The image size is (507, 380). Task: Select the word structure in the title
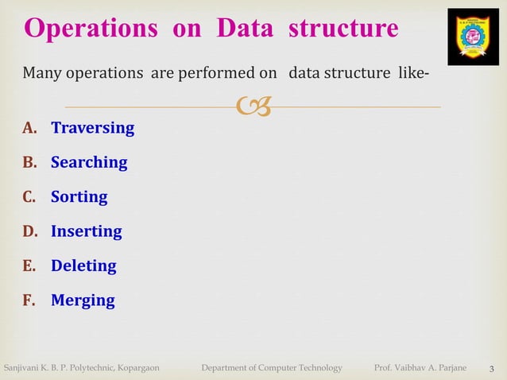click(343, 29)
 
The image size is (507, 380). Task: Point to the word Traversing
click(92, 128)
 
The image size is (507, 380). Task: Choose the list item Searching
click(89, 162)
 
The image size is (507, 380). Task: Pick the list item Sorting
click(79, 197)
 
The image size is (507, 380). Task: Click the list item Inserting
click(86, 231)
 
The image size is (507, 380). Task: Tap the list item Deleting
click(83, 266)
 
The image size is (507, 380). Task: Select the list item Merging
click(83, 301)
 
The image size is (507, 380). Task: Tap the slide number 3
click(492, 368)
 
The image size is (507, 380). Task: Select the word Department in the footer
click(229, 367)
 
